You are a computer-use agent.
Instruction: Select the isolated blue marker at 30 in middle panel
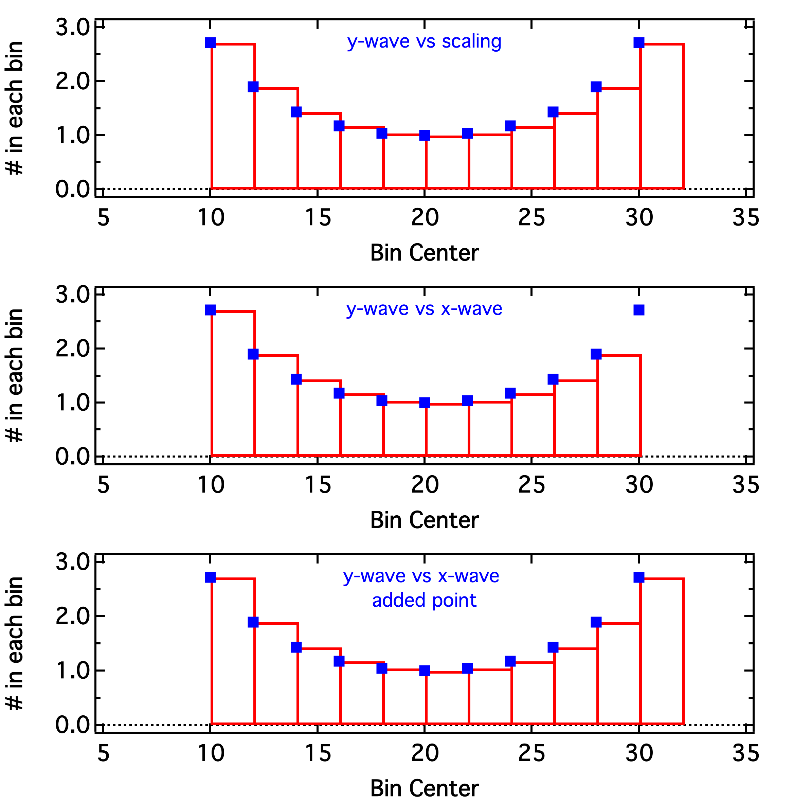638,310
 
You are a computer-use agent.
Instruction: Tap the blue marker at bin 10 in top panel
210,42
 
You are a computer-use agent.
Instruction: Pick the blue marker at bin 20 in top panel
425,135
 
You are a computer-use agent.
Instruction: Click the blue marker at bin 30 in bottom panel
638,577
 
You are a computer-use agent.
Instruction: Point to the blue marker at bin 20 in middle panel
425,403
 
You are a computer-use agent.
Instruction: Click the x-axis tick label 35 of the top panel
745,217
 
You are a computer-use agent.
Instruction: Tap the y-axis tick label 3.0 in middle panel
73,295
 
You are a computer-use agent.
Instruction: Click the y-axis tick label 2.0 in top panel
73,82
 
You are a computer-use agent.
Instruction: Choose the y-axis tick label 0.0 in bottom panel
73,725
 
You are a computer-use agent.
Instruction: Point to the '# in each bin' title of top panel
15,108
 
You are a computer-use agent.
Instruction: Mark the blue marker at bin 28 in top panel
596,87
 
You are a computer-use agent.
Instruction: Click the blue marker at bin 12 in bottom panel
253,622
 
